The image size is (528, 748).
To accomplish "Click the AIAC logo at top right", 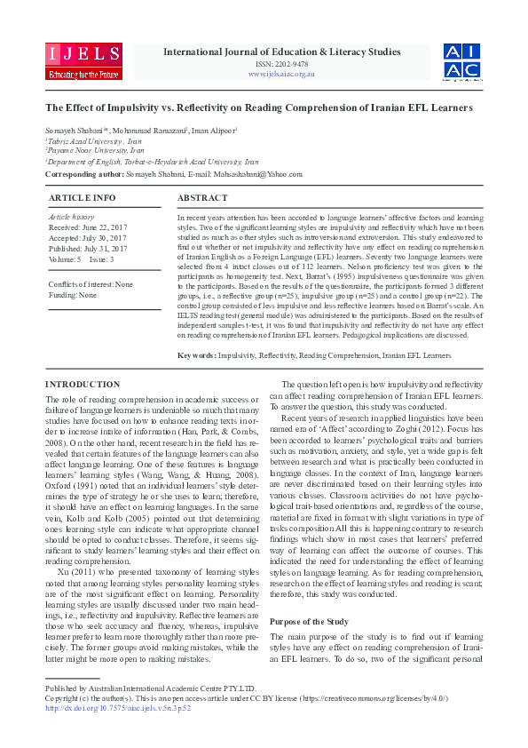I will (462, 61).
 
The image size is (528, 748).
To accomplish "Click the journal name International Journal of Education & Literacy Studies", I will (281, 52).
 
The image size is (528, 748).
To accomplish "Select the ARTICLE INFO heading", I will (82, 197).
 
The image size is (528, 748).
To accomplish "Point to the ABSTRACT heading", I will (202, 197).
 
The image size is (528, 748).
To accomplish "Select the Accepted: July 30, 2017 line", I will (87, 237).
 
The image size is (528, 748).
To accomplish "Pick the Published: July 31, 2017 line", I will (87, 248).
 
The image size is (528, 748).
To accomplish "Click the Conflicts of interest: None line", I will (91, 283).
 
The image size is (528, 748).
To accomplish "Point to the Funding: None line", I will (73, 294).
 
